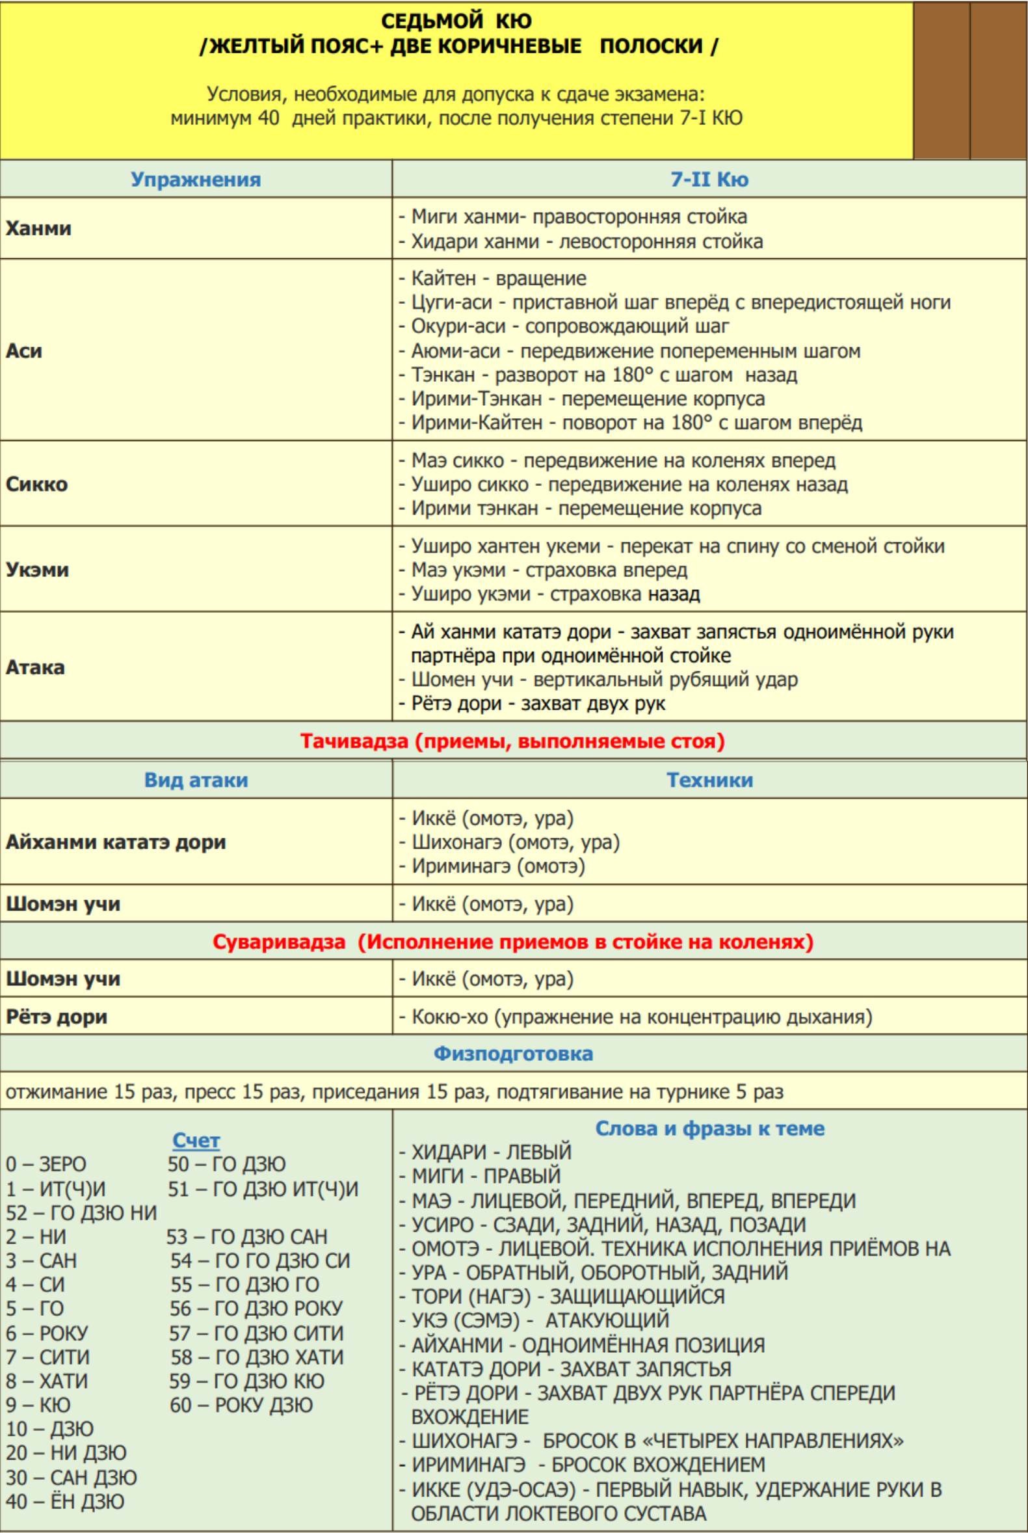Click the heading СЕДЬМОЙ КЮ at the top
tap(456, 21)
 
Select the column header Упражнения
tap(195, 180)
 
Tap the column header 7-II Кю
tap(709, 180)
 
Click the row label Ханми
tap(38, 228)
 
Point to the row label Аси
tap(24, 351)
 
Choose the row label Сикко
tap(36, 484)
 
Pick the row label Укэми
tap(37, 569)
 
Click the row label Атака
tap(35, 667)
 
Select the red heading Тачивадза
tap(512, 741)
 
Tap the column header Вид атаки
tap(196, 780)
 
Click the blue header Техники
tap(709, 780)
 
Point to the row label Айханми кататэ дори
tap(116, 842)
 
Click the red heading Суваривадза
tap(512, 942)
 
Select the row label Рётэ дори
tap(57, 1017)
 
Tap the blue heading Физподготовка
tap(513, 1054)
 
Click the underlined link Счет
tap(196, 1140)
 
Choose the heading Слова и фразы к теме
tap(709, 1128)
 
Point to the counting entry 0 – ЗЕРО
tap(46, 1164)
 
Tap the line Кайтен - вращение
tap(498, 278)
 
